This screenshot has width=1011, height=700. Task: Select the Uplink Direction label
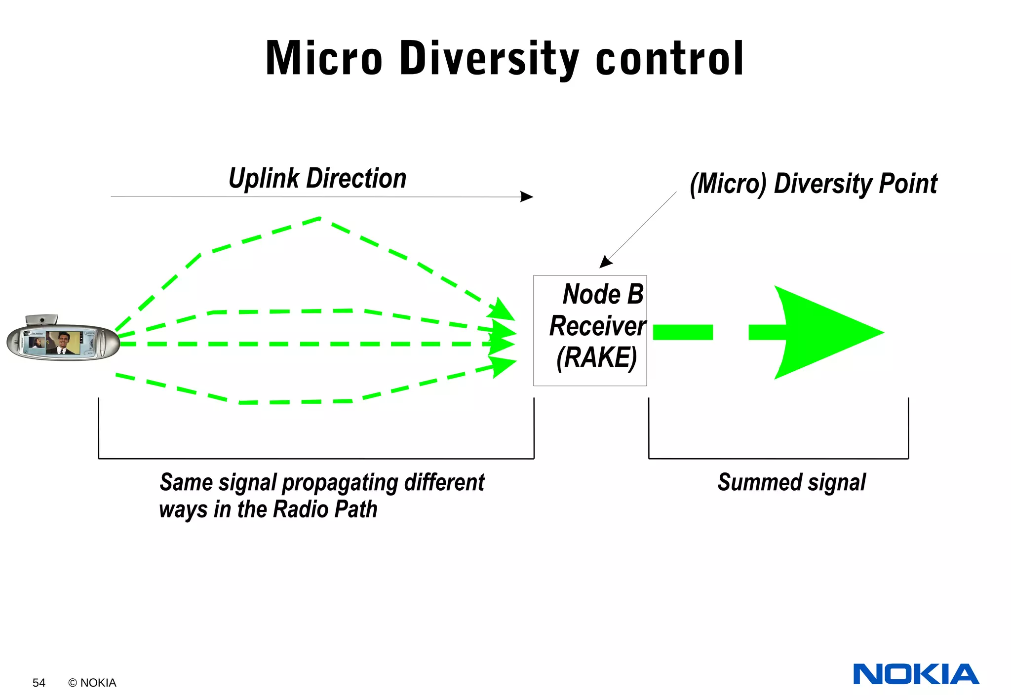tap(317, 179)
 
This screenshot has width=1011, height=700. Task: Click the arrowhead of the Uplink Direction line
tap(527, 196)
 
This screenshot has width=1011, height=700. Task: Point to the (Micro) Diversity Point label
tap(813, 184)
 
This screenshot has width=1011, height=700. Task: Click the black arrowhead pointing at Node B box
tap(605, 263)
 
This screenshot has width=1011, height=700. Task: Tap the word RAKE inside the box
tap(596, 358)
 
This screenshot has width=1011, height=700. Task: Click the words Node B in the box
tap(603, 294)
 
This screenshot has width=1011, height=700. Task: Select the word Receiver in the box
tap(597, 326)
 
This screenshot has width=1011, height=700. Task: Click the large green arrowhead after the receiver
tap(824, 332)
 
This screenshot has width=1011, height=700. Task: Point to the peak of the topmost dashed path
tap(320, 218)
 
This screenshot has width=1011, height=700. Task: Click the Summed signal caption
tap(791, 482)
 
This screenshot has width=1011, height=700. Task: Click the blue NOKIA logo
tap(916, 674)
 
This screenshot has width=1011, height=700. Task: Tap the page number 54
tap(39, 683)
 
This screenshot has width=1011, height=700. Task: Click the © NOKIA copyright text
tap(92, 683)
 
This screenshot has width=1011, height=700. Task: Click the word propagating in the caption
tap(340, 483)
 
